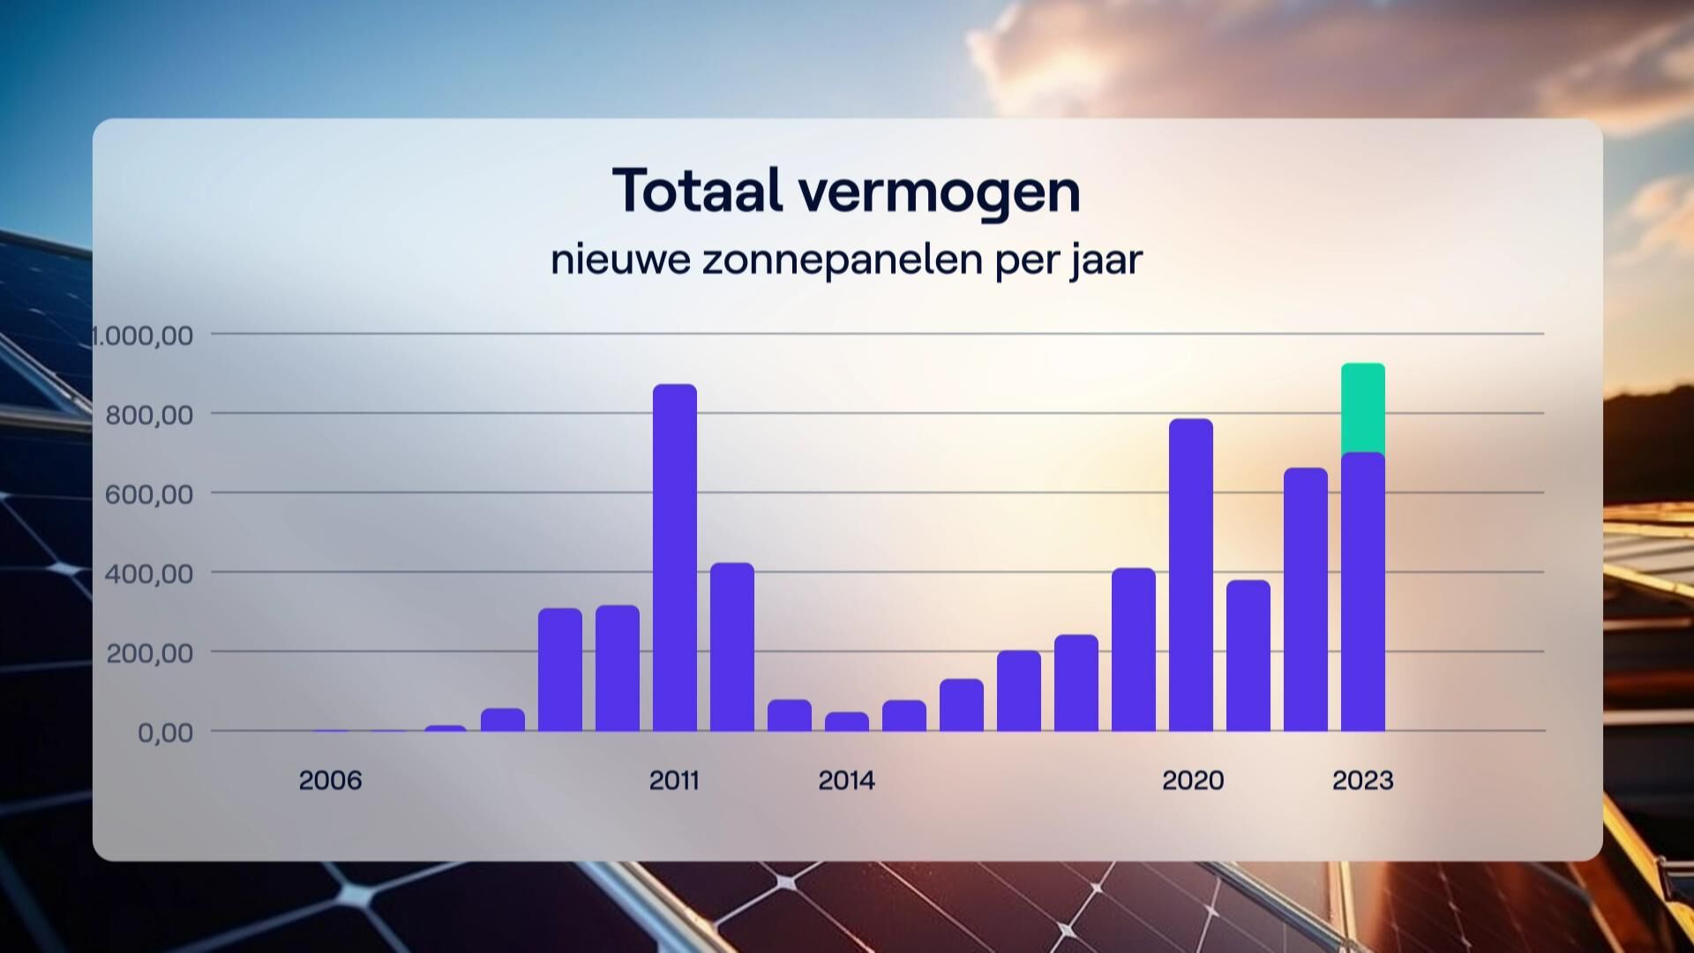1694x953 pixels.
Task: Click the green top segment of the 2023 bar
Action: (x=1362, y=408)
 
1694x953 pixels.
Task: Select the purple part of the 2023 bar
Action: (x=1362, y=591)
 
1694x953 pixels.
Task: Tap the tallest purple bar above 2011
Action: (x=674, y=558)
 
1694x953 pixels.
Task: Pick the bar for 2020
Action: (x=1190, y=575)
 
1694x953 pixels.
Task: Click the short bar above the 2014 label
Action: (x=846, y=722)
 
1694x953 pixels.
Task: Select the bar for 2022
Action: (x=1305, y=600)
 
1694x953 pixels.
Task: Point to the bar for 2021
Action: (x=1248, y=656)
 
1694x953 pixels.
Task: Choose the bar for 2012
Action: (x=731, y=647)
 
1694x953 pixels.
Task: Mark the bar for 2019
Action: (x=1133, y=649)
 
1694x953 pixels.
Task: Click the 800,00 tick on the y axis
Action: (x=148, y=415)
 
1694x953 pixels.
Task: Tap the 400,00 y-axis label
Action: (x=148, y=574)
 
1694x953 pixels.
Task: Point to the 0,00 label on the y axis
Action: (x=164, y=732)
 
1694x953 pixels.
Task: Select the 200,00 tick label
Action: (x=148, y=653)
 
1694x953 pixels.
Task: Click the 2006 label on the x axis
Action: (x=330, y=780)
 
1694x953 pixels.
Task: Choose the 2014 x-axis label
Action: (x=846, y=780)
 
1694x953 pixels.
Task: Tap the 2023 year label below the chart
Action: (x=1362, y=780)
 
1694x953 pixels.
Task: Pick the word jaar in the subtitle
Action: (x=1107, y=260)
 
